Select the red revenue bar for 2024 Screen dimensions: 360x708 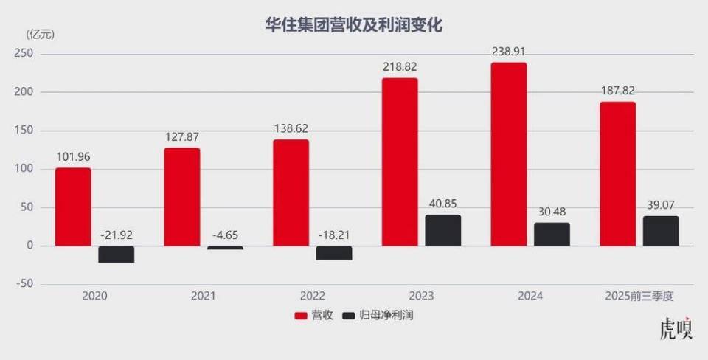point(509,154)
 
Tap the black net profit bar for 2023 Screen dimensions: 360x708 point(442,230)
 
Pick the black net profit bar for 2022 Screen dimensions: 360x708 point(334,252)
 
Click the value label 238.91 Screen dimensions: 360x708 point(510,52)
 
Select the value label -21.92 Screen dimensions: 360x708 point(116,235)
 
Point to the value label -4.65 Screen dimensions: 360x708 point(225,235)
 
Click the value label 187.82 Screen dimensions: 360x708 point(617,91)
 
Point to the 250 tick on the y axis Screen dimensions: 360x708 point(24,54)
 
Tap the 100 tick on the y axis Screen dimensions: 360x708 point(24,169)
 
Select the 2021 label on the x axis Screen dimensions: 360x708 point(203,296)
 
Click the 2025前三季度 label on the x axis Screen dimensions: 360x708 point(639,296)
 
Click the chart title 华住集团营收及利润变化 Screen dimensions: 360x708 point(353,24)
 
